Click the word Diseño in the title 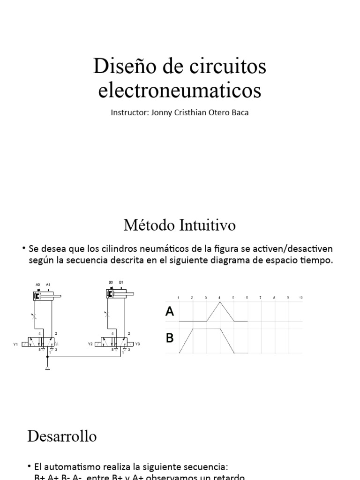pos(120,67)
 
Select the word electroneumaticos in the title pos(180,90)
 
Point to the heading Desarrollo pos(62,436)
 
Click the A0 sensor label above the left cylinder pos(38,285)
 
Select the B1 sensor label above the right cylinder pos(121,282)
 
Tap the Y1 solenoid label pos(15,345)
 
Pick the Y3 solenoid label pos(137,345)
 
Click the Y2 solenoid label pos(90,345)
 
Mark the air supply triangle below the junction pos(47,367)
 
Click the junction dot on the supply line pos(47,357)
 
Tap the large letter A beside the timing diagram pos(170,312)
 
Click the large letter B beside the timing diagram pos(170,337)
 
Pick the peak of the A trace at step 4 pos(219,302)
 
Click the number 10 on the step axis pos(301,297)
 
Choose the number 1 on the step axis pos(179,297)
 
